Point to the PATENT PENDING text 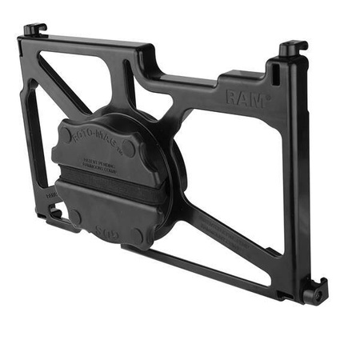pyautogui.click(x=102, y=162)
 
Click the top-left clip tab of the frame pyautogui.click(x=34, y=30)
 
